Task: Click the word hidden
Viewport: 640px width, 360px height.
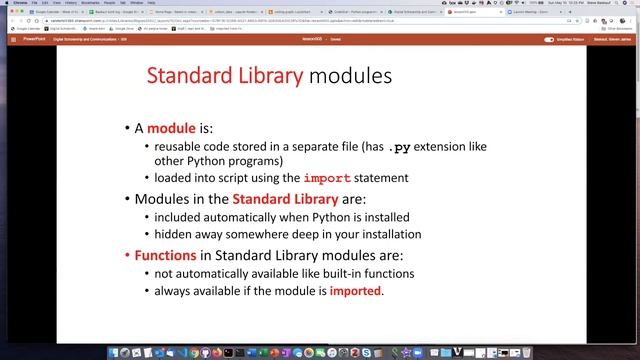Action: click(169, 234)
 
